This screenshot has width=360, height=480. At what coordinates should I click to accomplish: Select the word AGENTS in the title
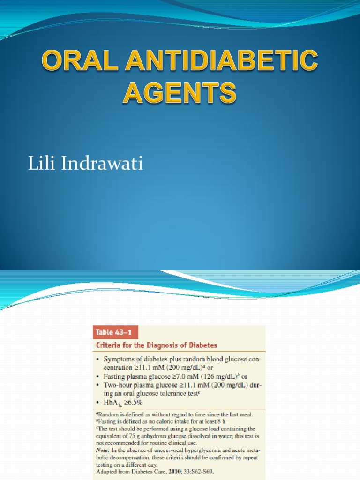180,92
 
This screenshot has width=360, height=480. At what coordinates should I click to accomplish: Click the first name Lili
41,165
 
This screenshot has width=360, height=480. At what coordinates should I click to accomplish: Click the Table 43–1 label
111,332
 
